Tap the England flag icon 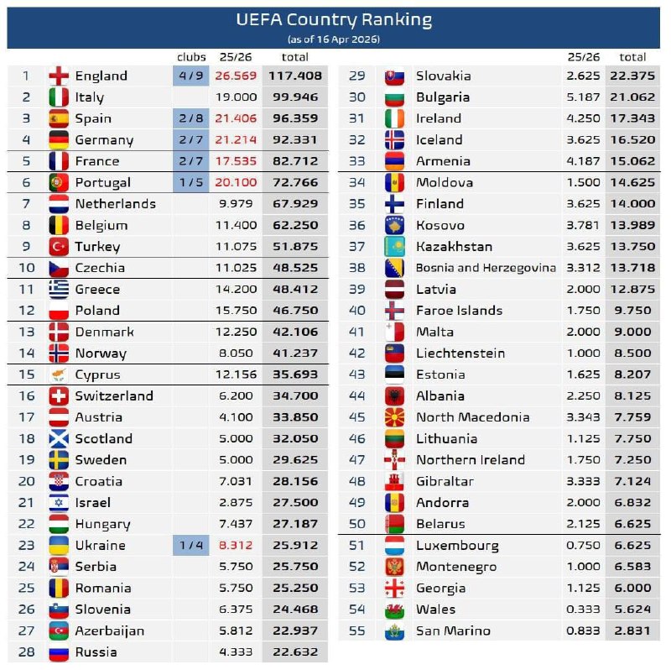pos(59,76)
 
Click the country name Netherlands pos(115,204)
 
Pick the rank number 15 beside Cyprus pos(26,374)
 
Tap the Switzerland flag pos(59,396)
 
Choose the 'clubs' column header pos(191,57)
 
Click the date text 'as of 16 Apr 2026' pos(334,39)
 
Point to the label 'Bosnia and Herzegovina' pos(486,268)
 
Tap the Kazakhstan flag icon pos(395,247)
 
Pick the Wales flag pos(395,610)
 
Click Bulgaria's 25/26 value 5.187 pos(583,97)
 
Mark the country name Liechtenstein pos(460,353)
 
